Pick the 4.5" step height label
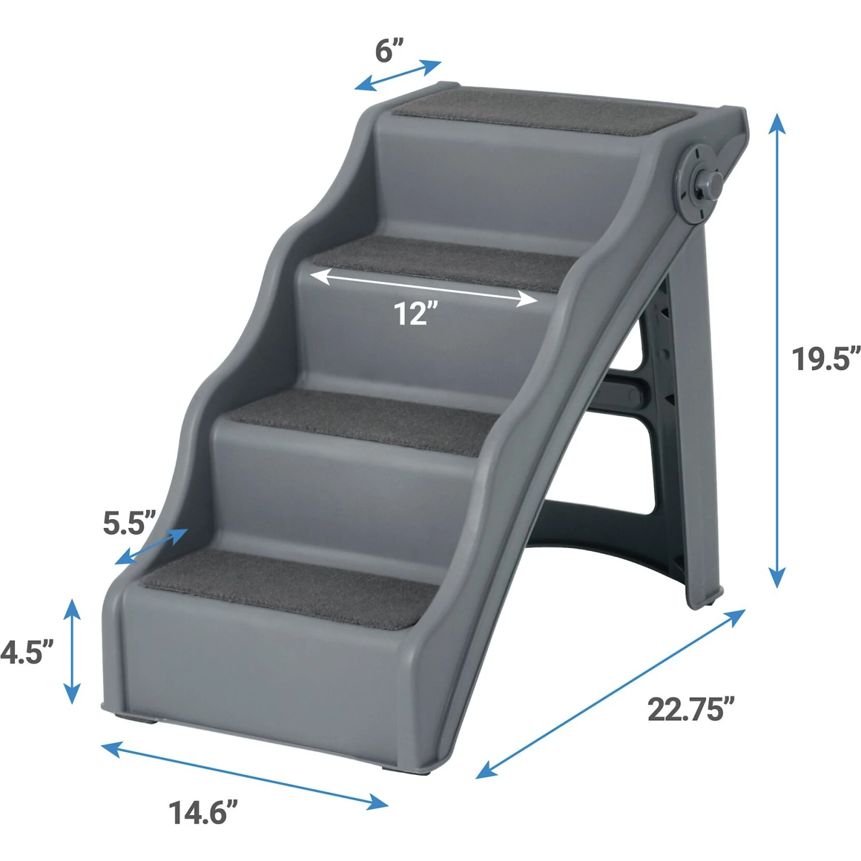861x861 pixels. click(26, 652)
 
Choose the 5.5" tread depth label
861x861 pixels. click(129, 522)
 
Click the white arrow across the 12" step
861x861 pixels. click(424, 288)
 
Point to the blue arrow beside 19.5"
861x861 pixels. click(777, 350)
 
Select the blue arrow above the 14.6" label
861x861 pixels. click(244, 775)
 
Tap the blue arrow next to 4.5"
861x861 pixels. click(72, 651)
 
